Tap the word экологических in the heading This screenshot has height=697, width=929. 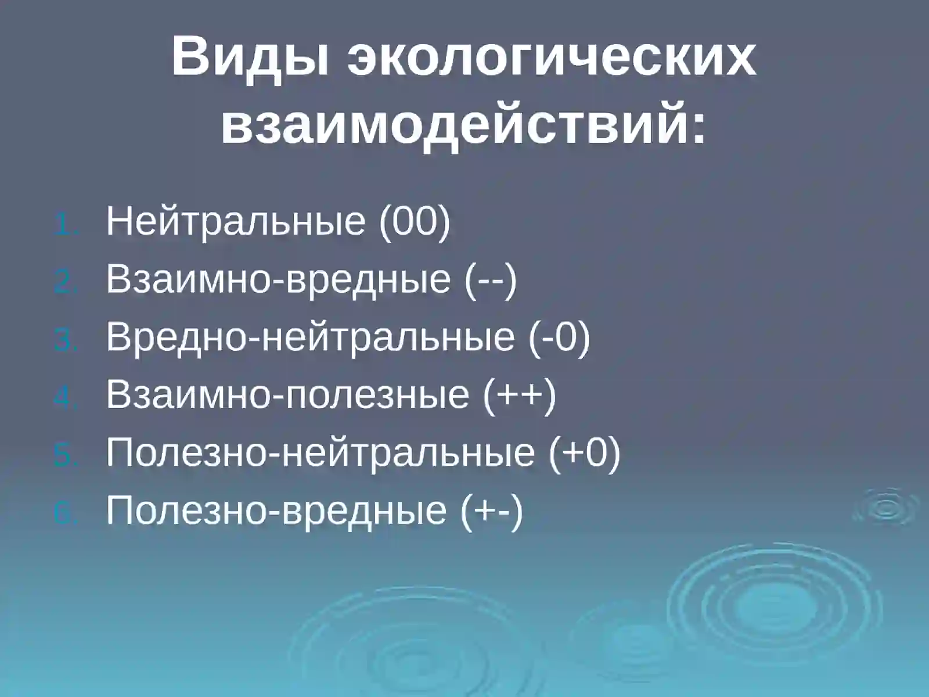pyautogui.click(x=552, y=58)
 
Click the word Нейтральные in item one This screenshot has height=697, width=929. pyautogui.click(x=236, y=221)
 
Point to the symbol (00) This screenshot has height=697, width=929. pyautogui.click(x=415, y=221)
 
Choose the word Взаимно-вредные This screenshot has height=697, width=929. pyautogui.click(x=278, y=279)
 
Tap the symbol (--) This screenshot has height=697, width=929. pyautogui.click(x=490, y=280)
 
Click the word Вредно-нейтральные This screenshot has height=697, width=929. pyautogui.click(x=310, y=337)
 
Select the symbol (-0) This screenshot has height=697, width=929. pyautogui.click(x=559, y=337)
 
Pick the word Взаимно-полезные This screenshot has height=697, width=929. pyautogui.click(x=287, y=394)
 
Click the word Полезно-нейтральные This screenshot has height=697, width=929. pyautogui.click(x=320, y=452)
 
